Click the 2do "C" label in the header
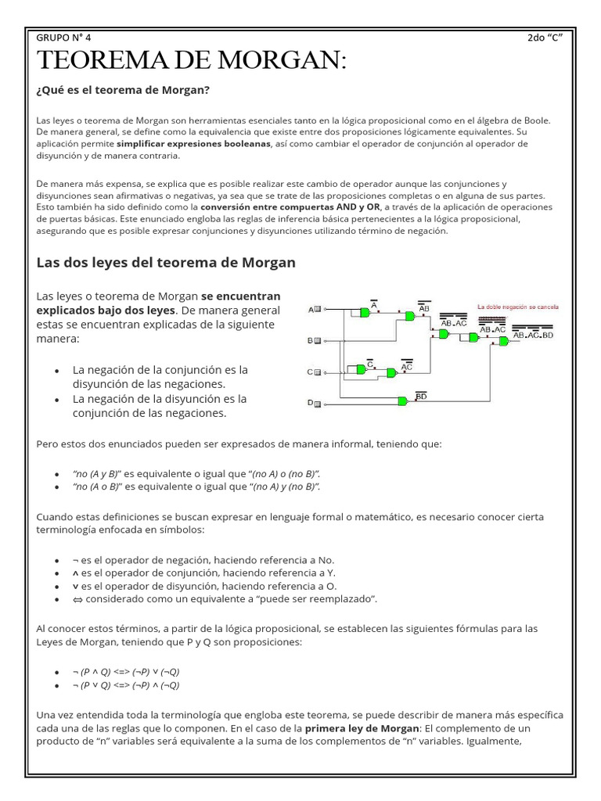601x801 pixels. [x=545, y=37]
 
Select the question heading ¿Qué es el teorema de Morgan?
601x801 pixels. [x=124, y=90]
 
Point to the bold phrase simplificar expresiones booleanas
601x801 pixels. [x=193, y=144]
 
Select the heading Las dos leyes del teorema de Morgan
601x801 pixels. [x=166, y=262]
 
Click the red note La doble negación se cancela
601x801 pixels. [x=517, y=307]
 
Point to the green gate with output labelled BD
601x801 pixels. [x=402, y=401]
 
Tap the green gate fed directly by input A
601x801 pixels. [x=363, y=312]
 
